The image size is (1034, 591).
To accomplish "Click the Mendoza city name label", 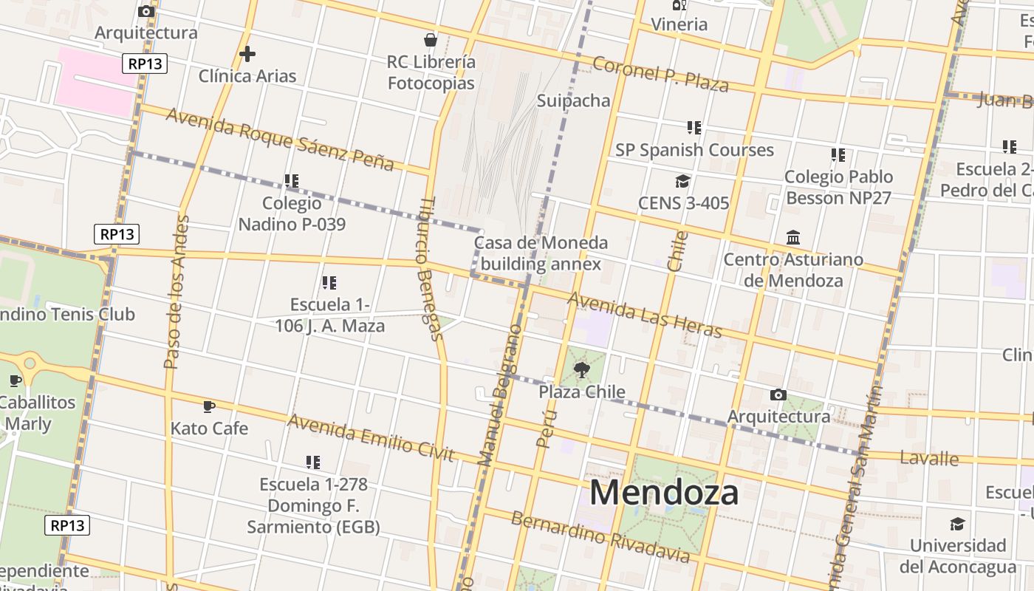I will click(x=664, y=493).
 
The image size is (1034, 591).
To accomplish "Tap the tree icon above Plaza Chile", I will click(x=582, y=370).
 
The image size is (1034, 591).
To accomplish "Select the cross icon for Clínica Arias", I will click(x=247, y=54).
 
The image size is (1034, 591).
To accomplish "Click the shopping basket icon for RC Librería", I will click(x=431, y=40).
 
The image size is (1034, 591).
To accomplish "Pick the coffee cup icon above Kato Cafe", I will click(x=209, y=406).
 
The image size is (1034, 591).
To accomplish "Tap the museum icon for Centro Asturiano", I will click(x=793, y=238).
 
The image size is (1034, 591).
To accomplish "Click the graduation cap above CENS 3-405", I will click(x=683, y=181).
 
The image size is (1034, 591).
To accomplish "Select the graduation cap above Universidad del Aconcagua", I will click(x=957, y=524).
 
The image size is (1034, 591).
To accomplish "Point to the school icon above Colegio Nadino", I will click(x=292, y=180).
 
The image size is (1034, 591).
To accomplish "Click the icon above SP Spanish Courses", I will click(x=694, y=128).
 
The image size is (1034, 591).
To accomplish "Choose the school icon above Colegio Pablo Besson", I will click(x=838, y=155).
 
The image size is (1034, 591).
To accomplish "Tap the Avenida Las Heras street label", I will click(x=644, y=315).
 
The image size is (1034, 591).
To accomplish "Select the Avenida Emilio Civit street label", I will click(x=371, y=437).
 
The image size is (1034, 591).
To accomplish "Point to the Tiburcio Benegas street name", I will click(x=431, y=270).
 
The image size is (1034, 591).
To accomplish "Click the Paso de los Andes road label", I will click(x=177, y=292).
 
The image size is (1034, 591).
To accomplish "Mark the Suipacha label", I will click(x=574, y=100).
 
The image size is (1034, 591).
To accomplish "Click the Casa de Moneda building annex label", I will click(x=541, y=253).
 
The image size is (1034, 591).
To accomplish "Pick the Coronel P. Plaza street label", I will click(x=660, y=74).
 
